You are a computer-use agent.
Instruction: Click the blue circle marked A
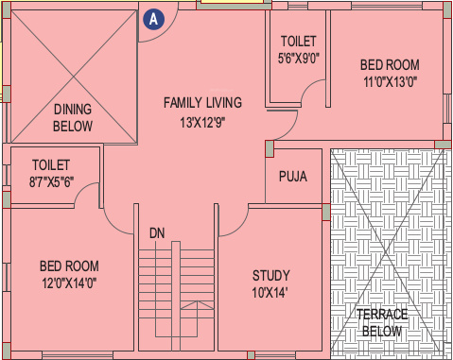(151, 17)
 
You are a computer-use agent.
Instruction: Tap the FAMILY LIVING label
(202, 102)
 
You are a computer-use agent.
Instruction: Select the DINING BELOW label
(73, 117)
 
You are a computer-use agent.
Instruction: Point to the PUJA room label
(292, 176)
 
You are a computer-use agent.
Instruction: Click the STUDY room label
(271, 275)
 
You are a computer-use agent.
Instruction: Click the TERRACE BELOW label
(382, 322)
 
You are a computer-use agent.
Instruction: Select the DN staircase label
(157, 232)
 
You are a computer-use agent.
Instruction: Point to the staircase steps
(176, 293)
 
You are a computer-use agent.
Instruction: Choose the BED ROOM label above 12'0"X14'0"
(69, 266)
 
